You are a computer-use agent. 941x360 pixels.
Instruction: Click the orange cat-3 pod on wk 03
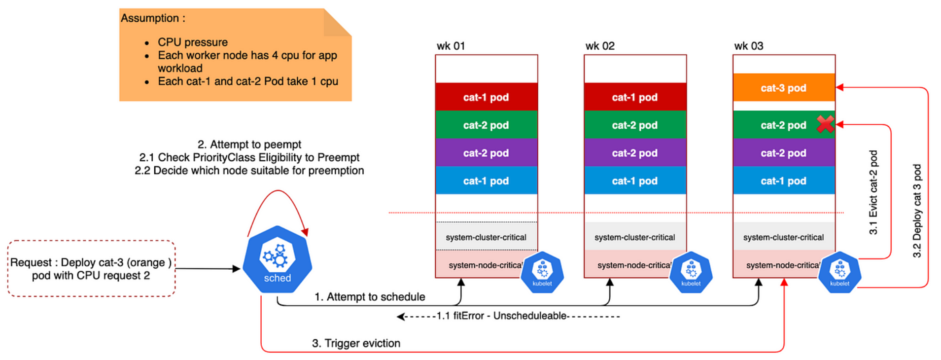pyautogui.click(x=783, y=88)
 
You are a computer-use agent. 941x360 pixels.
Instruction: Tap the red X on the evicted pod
pyautogui.click(x=825, y=124)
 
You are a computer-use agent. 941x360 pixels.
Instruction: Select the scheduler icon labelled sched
pyautogui.click(x=278, y=260)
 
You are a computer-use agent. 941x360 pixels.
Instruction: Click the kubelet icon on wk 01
pyautogui.click(x=542, y=272)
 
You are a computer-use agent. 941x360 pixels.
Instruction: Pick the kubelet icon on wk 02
pyautogui.click(x=691, y=272)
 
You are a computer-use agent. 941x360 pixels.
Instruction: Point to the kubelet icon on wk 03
pyautogui.click(x=839, y=272)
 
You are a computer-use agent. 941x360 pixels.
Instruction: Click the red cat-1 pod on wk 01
pyautogui.click(x=486, y=97)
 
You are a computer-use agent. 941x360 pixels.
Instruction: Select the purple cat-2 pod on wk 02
pyautogui.click(x=635, y=153)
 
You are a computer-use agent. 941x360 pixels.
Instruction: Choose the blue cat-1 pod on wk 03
pyautogui.click(x=783, y=181)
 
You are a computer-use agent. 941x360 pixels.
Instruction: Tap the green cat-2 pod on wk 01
pyautogui.click(x=486, y=125)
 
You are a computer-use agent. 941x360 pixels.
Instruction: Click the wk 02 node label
pyautogui.click(x=600, y=46)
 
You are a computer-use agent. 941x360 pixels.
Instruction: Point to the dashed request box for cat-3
pyautogui.click(x=91, y=269)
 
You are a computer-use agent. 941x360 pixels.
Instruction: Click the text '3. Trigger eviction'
pyautogui.click(x=356, y=343)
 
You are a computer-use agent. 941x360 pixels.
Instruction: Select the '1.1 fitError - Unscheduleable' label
pyautogui.click(x=502, y=316)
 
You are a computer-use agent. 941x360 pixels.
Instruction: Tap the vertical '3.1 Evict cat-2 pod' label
pyautogui.click(x=873, y=192)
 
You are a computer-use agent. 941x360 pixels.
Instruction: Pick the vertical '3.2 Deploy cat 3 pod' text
pyautogui.click(x=917, y=211)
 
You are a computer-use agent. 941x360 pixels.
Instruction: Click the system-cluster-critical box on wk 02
pyautogui.click(x=635, y=237)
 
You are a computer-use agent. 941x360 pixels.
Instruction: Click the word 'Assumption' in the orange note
pyautogui.click(x=150, y=18)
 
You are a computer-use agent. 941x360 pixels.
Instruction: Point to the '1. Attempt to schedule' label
pyautogui.click(x=370, y=297)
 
